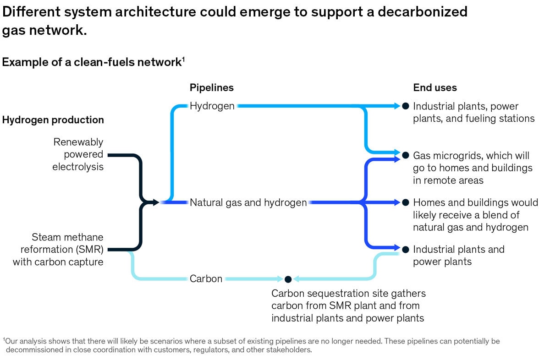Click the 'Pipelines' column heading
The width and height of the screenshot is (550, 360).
pos(211,87)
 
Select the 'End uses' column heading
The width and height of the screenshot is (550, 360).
pos(435,87)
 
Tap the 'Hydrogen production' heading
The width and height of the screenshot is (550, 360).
pos(53,120)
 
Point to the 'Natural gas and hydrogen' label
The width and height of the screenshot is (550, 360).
pos(248,202)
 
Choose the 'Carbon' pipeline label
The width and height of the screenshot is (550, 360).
pos(206,278)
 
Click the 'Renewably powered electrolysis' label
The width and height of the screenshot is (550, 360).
pos(78,154)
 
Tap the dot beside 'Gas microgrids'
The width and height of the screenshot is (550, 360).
pos(405,155)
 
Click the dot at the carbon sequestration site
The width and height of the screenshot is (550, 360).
pos(288,279)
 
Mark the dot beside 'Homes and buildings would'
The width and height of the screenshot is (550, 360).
pos(405,202)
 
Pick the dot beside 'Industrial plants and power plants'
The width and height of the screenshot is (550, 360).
pos(405,250)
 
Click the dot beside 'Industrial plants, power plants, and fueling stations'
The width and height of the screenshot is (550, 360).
pos(405,106)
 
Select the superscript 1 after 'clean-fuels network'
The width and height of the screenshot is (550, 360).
pos(183,59)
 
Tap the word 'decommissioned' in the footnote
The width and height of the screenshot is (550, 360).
pos(32,350)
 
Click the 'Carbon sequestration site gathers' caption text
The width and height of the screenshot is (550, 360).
pos(348,293)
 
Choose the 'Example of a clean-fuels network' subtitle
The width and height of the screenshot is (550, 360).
pos(92,62)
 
